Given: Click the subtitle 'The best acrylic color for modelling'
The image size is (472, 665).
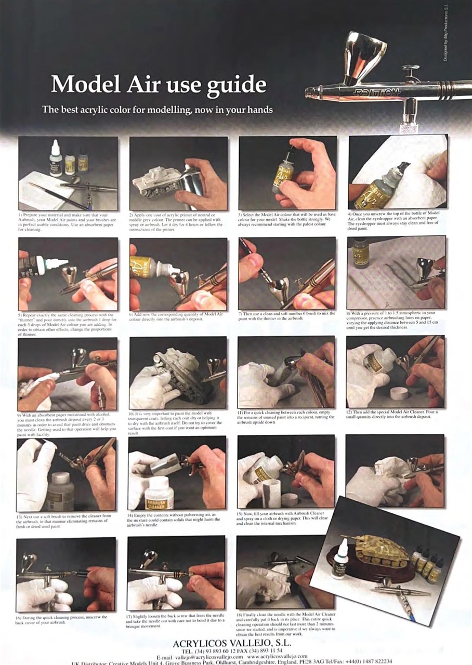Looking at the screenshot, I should (x=157, y=110).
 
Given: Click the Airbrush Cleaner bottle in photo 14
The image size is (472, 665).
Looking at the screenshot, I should (x=159, y=494).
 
